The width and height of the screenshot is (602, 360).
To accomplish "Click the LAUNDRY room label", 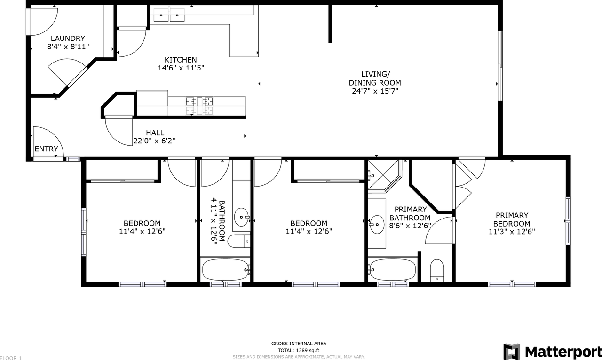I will pyautogui.click(x=68, y=39).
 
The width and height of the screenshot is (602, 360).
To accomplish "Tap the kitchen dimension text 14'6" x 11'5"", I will pyautogui.click(x=181, y=68).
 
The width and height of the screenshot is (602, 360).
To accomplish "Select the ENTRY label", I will pyautogui.click(x=47, y=149).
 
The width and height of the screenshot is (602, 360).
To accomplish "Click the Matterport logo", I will pyautogui.click(x=552, y=352).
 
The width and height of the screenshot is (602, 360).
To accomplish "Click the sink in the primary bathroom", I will pyautogui.click(x=376, y=224).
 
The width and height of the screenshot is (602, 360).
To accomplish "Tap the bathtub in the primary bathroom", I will pyautogui.click(x=393, y=269).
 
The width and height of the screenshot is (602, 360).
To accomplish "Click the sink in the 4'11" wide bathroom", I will pyautogui.click(x=242, y=217).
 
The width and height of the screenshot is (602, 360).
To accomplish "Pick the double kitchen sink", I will pyautogui.click(x=169, y=16).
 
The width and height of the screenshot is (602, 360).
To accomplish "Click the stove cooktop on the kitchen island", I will pyautogui.click(x=199, y=105).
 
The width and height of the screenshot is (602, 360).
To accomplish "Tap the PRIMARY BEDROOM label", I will pyautogui.click(x=512, y=219).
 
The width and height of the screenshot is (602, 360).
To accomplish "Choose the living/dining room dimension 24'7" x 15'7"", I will pyautogui.click(x=375, y=91).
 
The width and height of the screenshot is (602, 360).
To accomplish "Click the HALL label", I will pyautogui.click(x=155, y=133).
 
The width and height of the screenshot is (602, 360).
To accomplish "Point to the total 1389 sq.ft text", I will pyautogui.click(x=298, y=350).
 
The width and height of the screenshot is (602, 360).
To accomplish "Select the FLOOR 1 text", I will pyautogui.click(x=11, y=358).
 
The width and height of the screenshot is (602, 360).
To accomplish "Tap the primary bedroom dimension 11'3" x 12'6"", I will pyautogui.click(x=512, y=231).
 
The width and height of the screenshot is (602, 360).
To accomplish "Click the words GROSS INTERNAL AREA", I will pyautogui.click(x=299, y=344).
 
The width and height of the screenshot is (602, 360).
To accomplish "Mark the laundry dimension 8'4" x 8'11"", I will pyautogui.click(x=68, y=47).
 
